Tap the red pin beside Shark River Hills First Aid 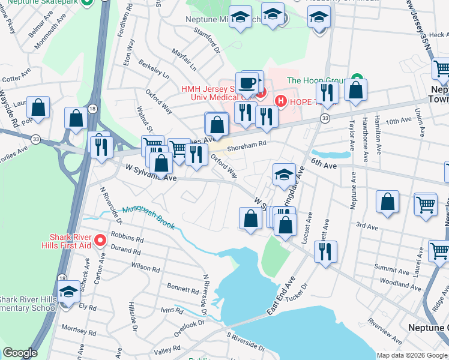pyautogui.click(x=100, y=241)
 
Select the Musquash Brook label pyautogui.click(x=148, y=217)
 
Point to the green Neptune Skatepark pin pyautogui.click(x=88, y=2)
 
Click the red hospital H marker pyautogui.click(x=279, y=100)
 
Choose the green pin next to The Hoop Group pyautogui.click(x=357, y=79)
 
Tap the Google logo pyautogui.click(x=19, y=353)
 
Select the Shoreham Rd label pyautogui.click(x=246, y=143)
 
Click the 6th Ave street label pyautogui.click(x=324, y=163)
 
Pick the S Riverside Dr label pyautogui.click(x=245, y=341)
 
